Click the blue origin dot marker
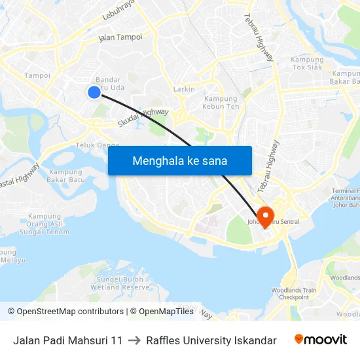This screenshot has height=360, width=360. pyautogui.click(x=94, y=92)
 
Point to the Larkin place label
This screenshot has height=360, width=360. pyautogui.click(x=184, y=89)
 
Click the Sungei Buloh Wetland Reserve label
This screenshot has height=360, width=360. pyautogui.click(x=120, y=283)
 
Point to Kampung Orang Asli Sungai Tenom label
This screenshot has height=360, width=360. pyautogui.click(x=45, y=224)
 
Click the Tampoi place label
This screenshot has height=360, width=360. pyautogui.click(x=37, y=75)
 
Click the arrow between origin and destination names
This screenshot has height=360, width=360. pyautogui.click(x=134, y=340)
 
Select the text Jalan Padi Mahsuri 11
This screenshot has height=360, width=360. pyautogui.click(x=67, y=340)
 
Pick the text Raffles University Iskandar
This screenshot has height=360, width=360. pyautogui.click(x=211, y=340)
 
